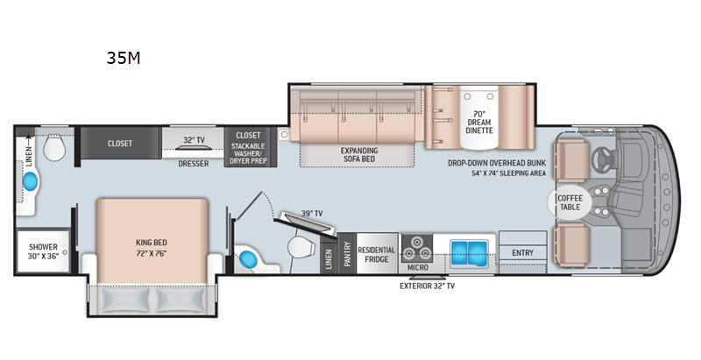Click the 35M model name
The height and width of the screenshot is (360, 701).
tap(124, 58)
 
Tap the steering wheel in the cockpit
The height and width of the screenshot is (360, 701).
tap(604, 160)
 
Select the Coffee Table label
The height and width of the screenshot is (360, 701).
tap(570, 202)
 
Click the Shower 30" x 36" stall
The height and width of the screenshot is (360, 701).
tap(43, 251)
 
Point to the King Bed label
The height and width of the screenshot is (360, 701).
tap(152, 243)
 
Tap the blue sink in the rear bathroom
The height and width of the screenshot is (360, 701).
tap(31, 181)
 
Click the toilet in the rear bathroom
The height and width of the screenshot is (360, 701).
tap(54, 149)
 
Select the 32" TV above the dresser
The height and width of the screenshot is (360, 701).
tap(194, 140)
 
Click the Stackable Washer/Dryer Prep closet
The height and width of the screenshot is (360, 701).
tap(248, 147)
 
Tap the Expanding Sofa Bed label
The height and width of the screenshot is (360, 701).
tap(359, 154)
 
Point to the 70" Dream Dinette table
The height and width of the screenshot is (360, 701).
tap(478, 117)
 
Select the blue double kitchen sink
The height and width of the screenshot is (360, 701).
tap(469, 253)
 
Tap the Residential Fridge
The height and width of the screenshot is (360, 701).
tap(377, 253)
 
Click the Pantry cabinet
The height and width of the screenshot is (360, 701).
tap(347, 253)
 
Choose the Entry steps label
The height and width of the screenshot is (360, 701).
tap(522, 253)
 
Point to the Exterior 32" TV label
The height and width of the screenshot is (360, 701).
tap(427, 286)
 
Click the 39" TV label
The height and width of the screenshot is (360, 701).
tap(312, 214)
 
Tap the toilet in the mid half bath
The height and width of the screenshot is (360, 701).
tap(297, 247)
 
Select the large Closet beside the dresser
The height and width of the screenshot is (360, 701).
tap(120, 144)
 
